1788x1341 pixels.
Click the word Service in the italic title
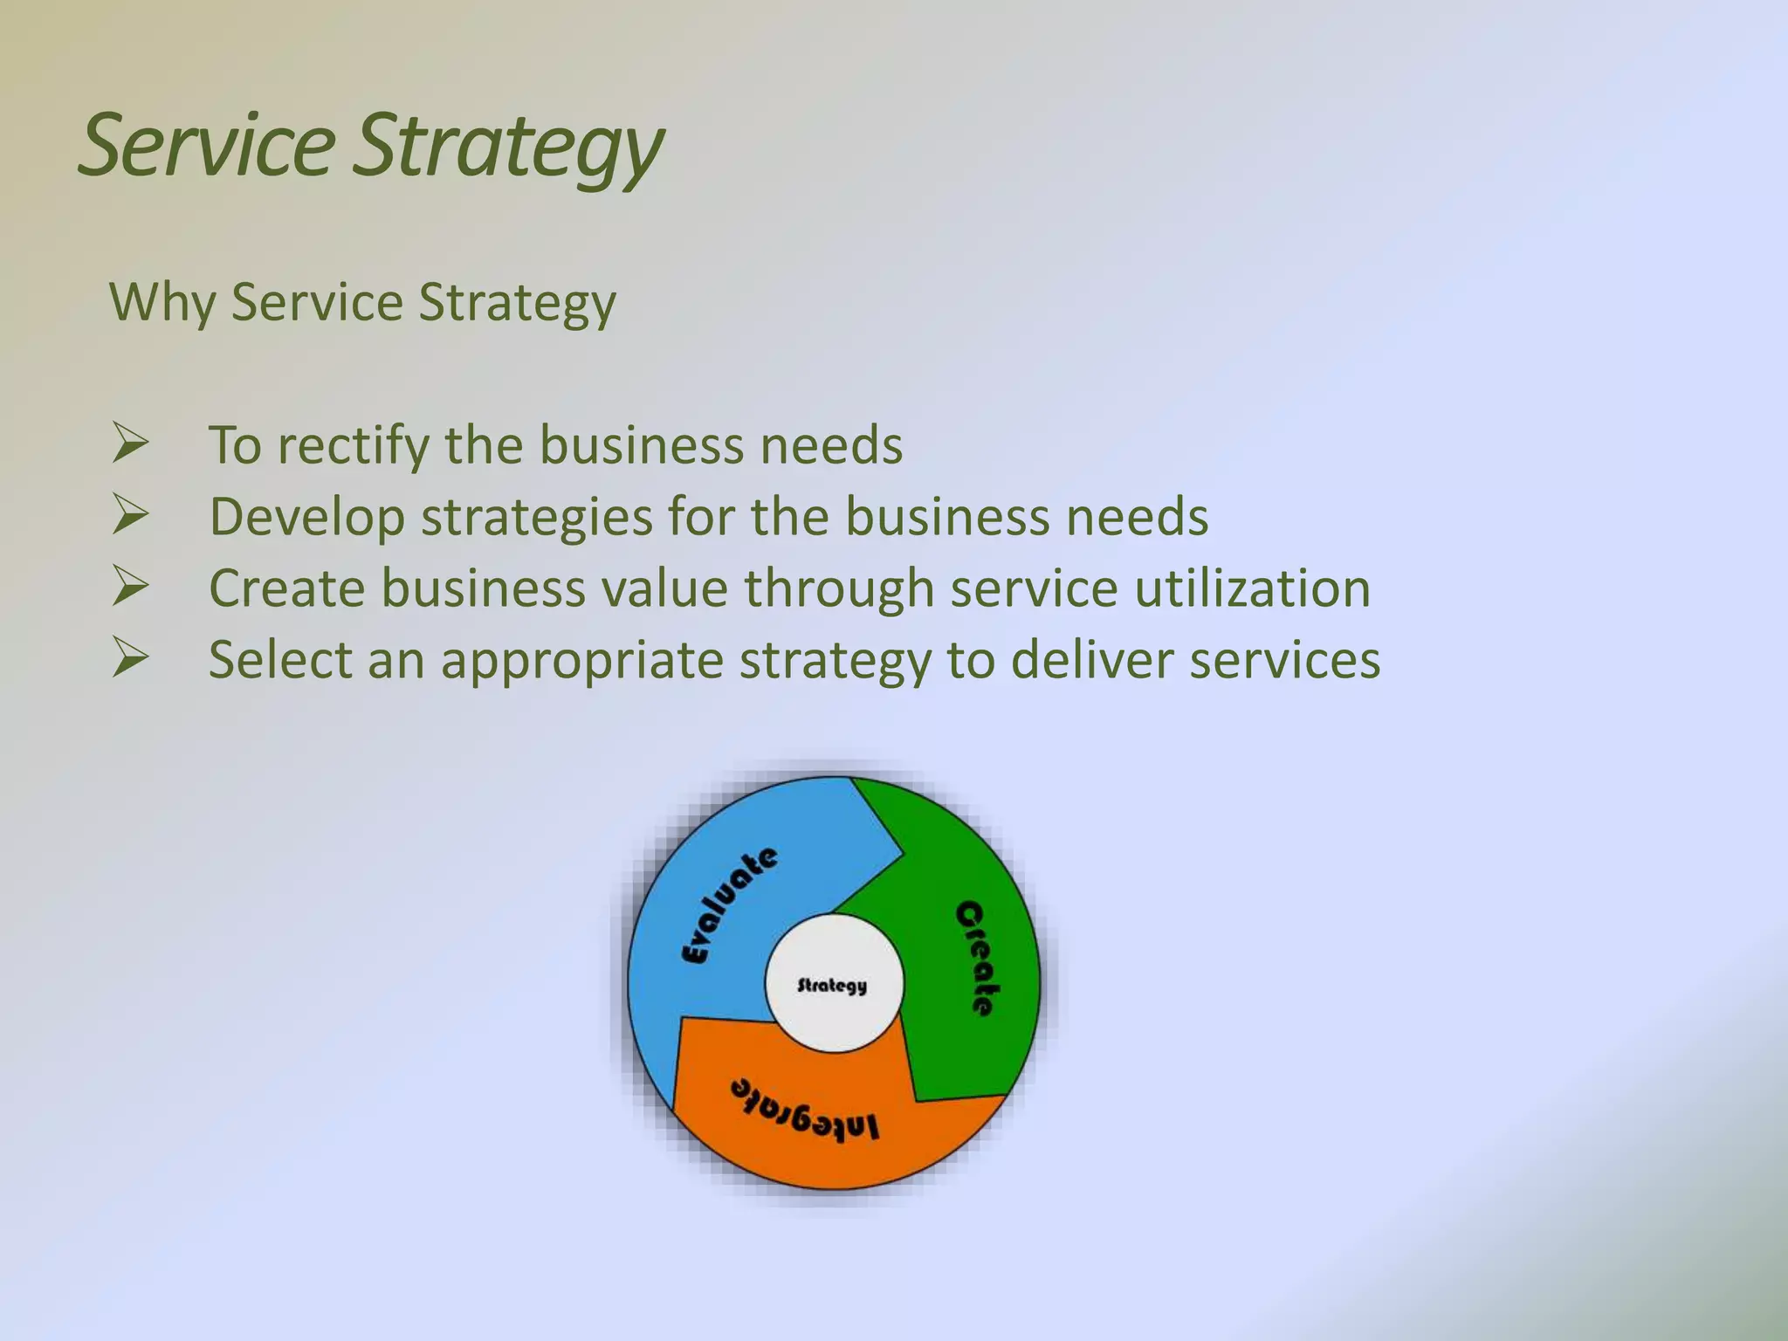tap(207, 145)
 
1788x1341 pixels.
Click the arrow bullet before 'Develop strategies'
tap(131, 515)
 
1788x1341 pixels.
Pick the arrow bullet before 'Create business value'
tap(131, 587)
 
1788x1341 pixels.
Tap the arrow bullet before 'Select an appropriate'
tap(131, 658)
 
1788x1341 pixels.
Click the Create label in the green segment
tap(976, 959)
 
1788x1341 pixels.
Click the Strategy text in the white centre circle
tap(832, 986)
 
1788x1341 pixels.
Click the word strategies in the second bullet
tap(537, 517)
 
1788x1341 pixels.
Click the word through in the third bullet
tap(839, 588)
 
